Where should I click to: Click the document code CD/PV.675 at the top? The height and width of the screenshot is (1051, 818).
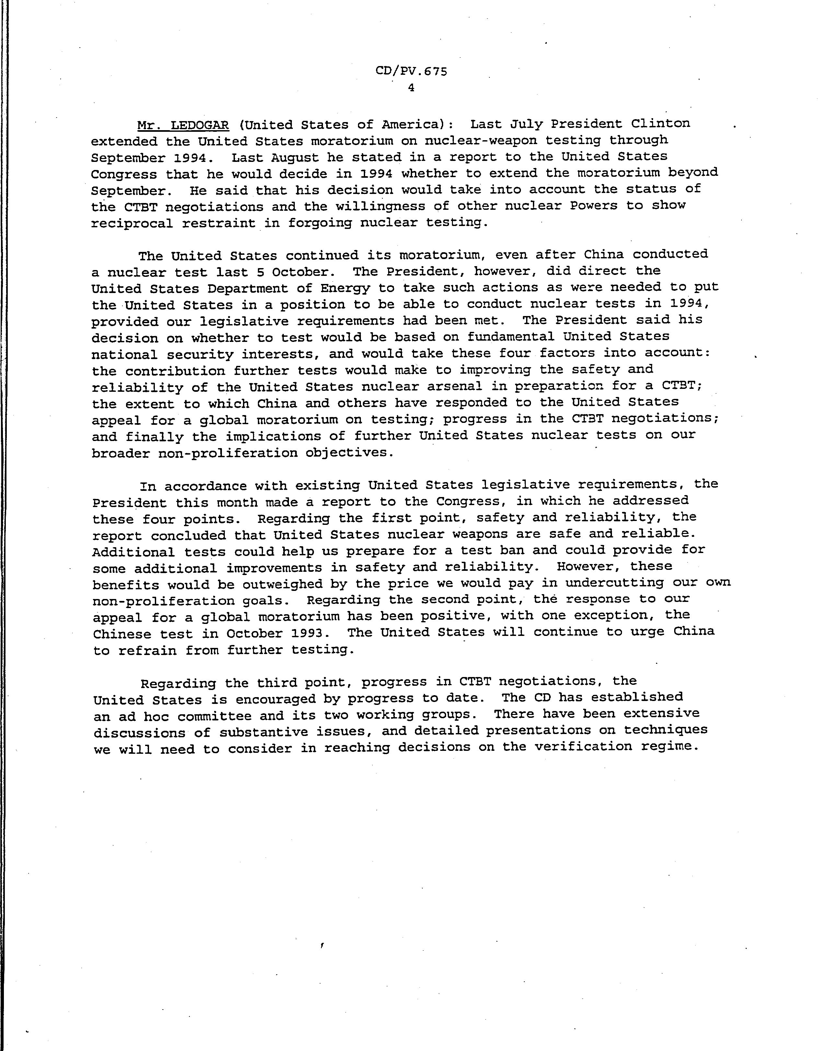[411, 71]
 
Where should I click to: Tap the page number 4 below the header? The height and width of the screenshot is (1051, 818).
[411, 88]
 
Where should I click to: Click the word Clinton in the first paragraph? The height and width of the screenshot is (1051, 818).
[660, 124]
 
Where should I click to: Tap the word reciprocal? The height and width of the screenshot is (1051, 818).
[132, 224]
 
